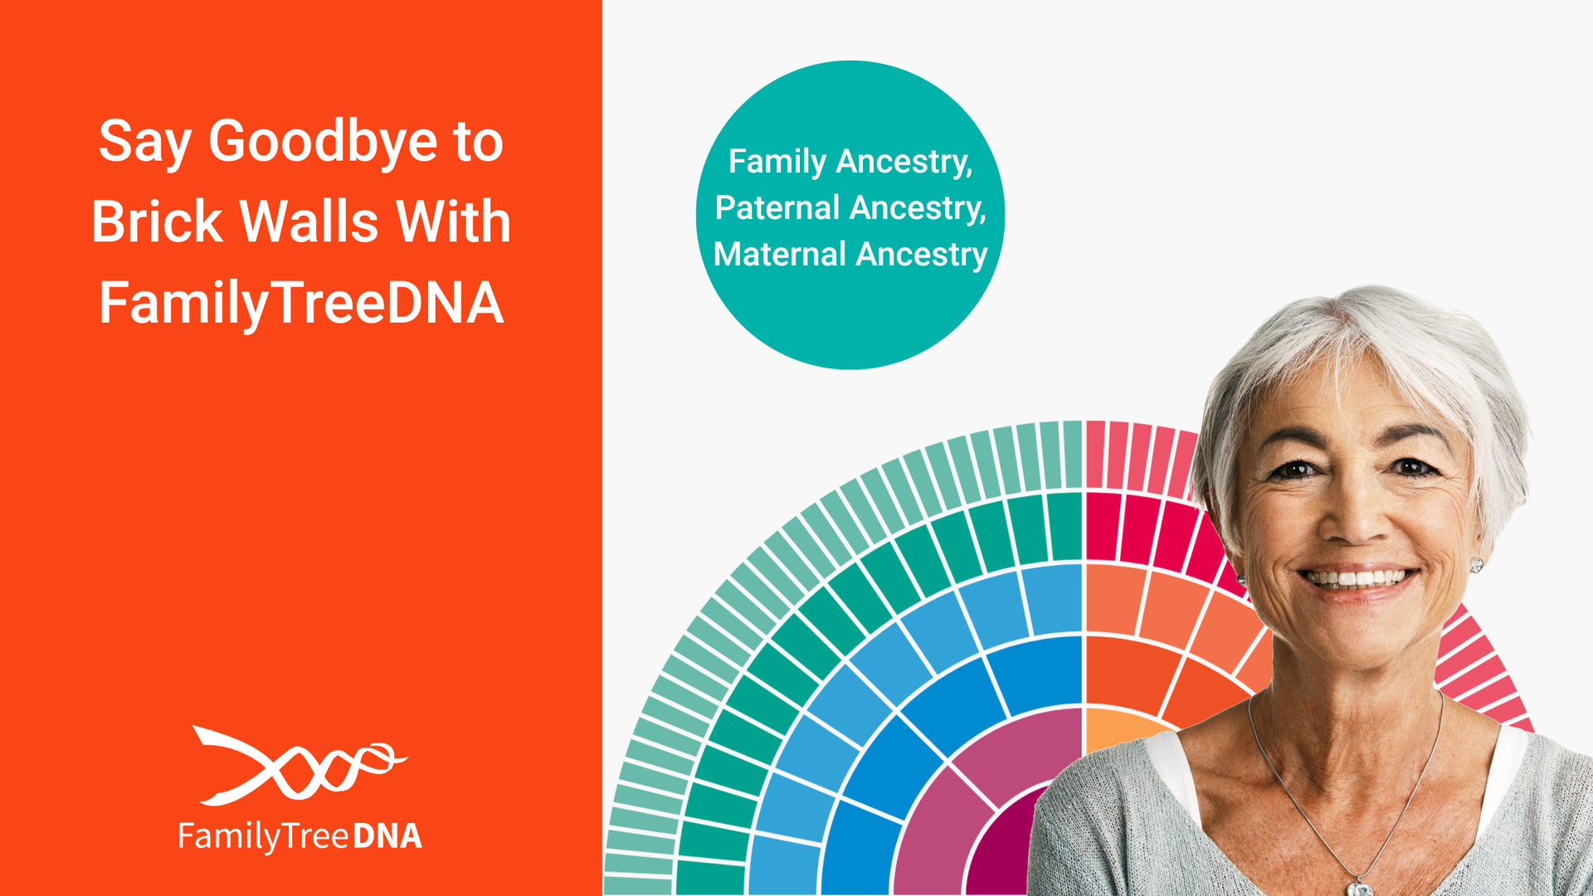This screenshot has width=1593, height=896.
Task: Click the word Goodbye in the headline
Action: point(323,143)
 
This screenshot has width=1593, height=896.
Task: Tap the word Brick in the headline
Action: point(157,222)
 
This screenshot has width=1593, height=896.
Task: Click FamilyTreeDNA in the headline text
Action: point(301,303)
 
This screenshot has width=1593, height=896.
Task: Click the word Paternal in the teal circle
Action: point(777,208)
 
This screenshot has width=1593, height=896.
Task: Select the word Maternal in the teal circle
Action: point(779,255)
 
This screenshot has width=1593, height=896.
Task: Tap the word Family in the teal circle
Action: point(777,162)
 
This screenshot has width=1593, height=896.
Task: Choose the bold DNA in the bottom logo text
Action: point(387,836)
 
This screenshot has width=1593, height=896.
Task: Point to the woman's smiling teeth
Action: point(1357,577)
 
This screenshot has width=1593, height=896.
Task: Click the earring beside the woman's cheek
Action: point(1476,566)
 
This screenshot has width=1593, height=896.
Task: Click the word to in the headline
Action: point(479,143)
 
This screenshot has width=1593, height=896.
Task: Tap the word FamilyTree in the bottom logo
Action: point(263,836)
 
